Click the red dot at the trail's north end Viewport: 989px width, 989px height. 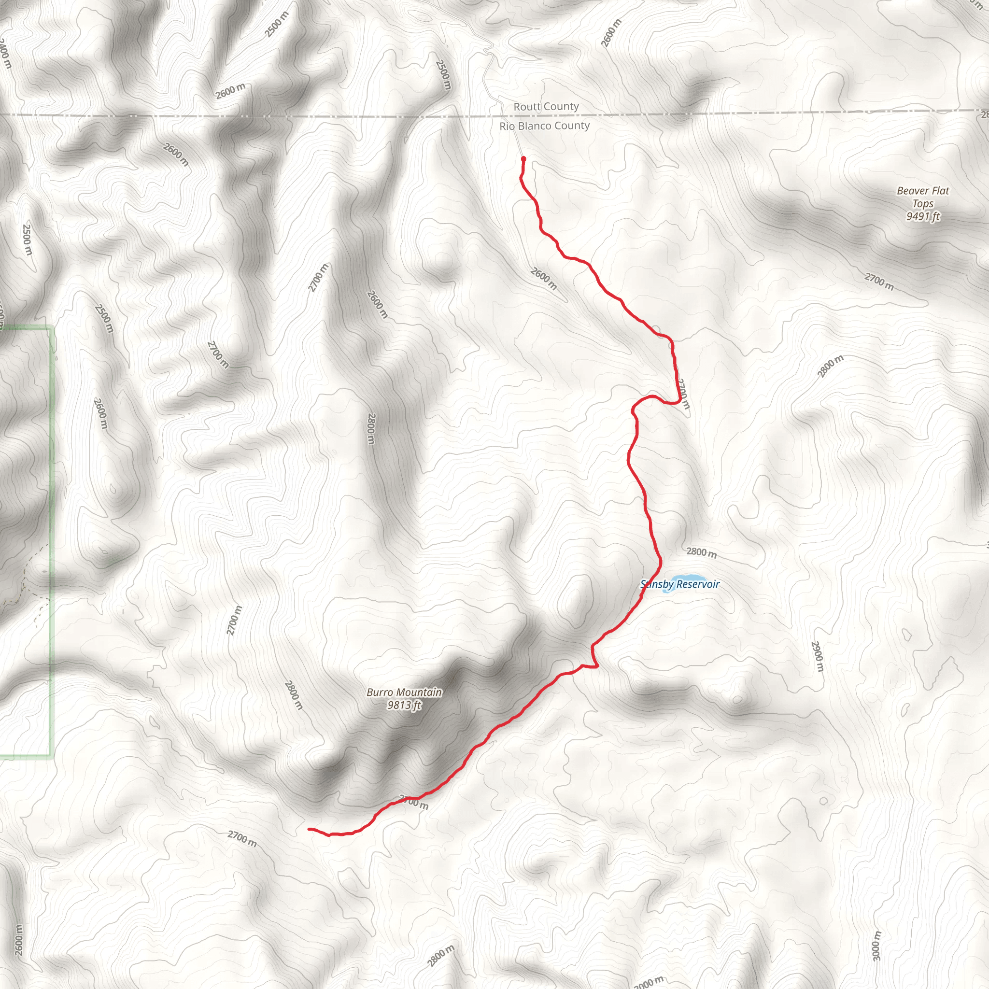523,159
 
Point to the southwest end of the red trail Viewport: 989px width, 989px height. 309,829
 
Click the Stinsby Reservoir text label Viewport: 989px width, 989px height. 680,584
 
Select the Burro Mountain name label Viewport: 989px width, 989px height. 404,692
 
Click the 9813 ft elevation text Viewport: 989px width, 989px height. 404,706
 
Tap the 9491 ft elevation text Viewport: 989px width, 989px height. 923,216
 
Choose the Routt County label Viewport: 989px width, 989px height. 546,106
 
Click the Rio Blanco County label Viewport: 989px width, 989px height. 545,126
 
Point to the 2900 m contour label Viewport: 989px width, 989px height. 818,657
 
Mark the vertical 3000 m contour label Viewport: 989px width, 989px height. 876,946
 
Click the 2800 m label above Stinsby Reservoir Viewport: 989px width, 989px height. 701,552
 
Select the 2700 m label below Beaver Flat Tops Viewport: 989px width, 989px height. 879,282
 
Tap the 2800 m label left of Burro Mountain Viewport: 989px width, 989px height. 293,695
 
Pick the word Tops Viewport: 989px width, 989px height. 923,204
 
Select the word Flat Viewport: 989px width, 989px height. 940,191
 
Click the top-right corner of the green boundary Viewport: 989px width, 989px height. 52,328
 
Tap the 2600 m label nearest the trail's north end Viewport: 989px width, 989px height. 544,279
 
